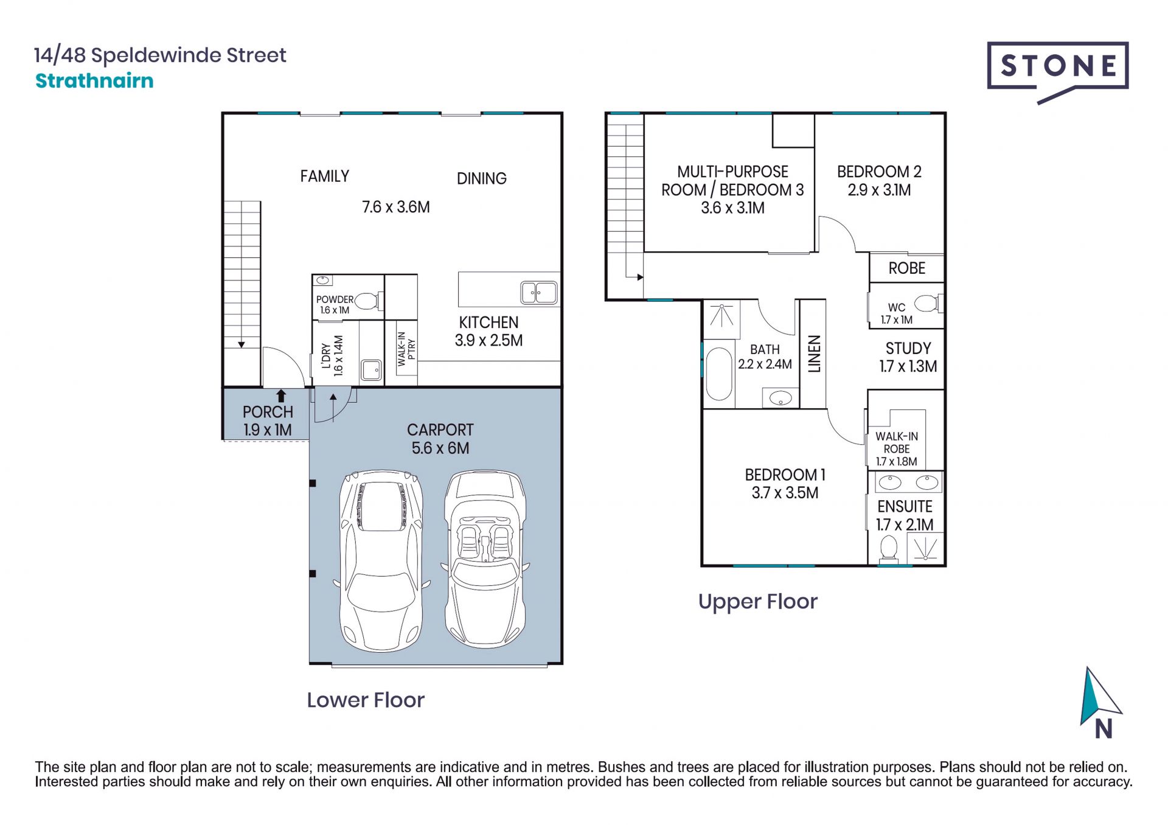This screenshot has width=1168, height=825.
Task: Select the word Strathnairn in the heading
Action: tap(94, 80)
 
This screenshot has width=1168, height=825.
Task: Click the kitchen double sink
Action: tap(538, 293)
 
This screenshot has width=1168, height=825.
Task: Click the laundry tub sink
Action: tap(371, 370)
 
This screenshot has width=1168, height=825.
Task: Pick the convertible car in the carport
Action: tap(485, 558)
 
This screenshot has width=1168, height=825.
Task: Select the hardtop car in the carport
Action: tap(381, 560)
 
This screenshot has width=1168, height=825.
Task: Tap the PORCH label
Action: tap(268, 412)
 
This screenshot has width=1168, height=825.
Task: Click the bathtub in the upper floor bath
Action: tap(718, 374)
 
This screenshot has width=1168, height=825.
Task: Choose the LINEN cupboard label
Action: tap(814, 353)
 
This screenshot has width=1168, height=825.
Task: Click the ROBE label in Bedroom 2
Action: tap(906, 268)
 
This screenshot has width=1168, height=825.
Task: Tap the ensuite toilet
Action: tap(889, 548)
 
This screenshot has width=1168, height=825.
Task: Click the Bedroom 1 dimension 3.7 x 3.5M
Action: tap(785, 493)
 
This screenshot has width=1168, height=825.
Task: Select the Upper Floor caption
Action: tap(757, 602)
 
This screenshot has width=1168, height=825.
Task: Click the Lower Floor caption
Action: tap(366, 700)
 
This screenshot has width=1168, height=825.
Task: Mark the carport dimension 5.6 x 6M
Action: tap(440, 448)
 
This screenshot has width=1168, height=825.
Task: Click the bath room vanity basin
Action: tap(780, 399)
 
